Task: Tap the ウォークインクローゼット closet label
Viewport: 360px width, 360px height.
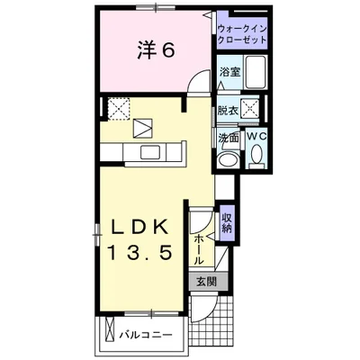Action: point(242,34)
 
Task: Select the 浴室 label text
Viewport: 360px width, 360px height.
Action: point(230,72)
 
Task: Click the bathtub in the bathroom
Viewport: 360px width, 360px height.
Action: point(256,72)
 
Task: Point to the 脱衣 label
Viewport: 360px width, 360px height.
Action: point(228,111)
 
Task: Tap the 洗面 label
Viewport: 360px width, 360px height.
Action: point(229,138)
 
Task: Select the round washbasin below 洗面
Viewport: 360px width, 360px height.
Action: point(229,158)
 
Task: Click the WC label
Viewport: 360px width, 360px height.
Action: point(256,136)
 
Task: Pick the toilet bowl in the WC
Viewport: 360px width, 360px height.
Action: point(256,154)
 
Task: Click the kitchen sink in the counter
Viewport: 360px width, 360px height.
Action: point(152,152)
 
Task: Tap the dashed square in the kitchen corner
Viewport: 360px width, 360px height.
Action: point(119,109)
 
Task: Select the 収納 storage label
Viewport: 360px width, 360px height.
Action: point(227,223)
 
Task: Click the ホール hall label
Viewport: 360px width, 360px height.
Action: point(198,249)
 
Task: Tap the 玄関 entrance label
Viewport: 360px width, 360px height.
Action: point(207,282)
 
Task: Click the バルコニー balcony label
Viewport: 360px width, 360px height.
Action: point(146,335)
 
